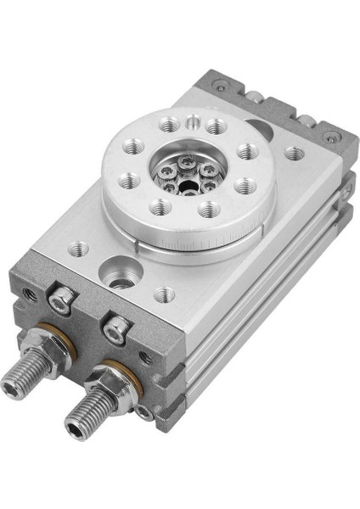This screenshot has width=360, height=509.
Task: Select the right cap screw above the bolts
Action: click(117, 327)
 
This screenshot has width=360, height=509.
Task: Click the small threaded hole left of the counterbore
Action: click(78, 249)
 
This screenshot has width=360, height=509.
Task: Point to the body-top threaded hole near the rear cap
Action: click(294, 154)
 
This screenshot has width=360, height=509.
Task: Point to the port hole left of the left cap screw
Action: click(31, 293)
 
